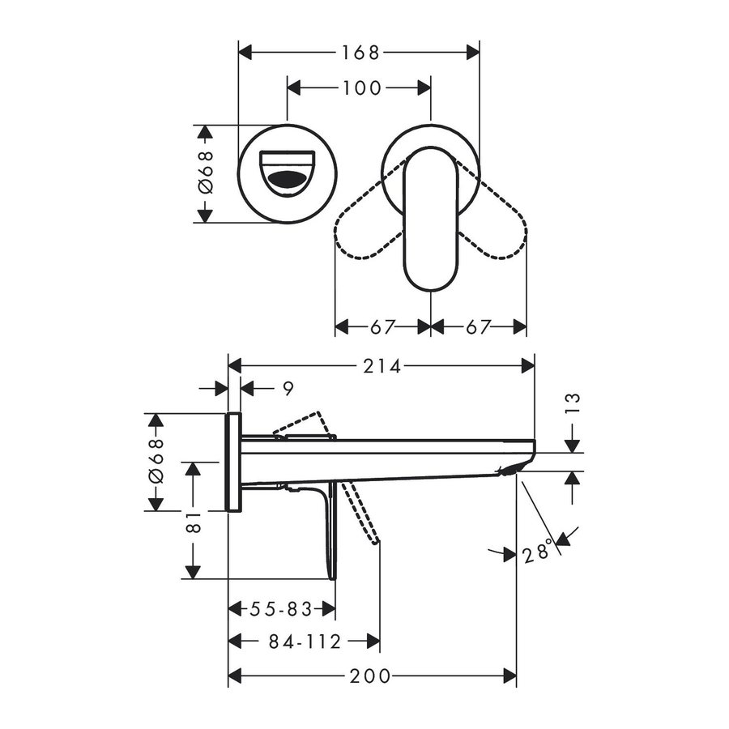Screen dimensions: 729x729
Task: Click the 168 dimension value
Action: coord(360,53)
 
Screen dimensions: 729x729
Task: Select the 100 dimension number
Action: coord(360,87)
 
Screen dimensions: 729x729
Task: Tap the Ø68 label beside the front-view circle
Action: coord(205,173)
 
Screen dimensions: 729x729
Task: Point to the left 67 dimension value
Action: coord(382,327)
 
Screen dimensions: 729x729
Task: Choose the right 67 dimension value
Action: coord(478,327)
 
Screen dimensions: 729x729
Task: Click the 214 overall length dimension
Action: coord(382,366)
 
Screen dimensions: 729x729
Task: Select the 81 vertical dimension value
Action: coord(193,526)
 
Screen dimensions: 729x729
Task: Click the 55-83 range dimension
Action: coord(282,609)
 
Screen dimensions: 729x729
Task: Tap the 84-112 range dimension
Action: coord(305,642)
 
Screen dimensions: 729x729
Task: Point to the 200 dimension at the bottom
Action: coord(372,676)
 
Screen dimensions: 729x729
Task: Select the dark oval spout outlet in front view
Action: coord(288,181)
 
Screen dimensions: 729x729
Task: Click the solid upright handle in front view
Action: coord(431,219)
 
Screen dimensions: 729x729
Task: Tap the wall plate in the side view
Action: coord(233,462)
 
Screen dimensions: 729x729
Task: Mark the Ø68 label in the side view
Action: coord(156,462)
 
